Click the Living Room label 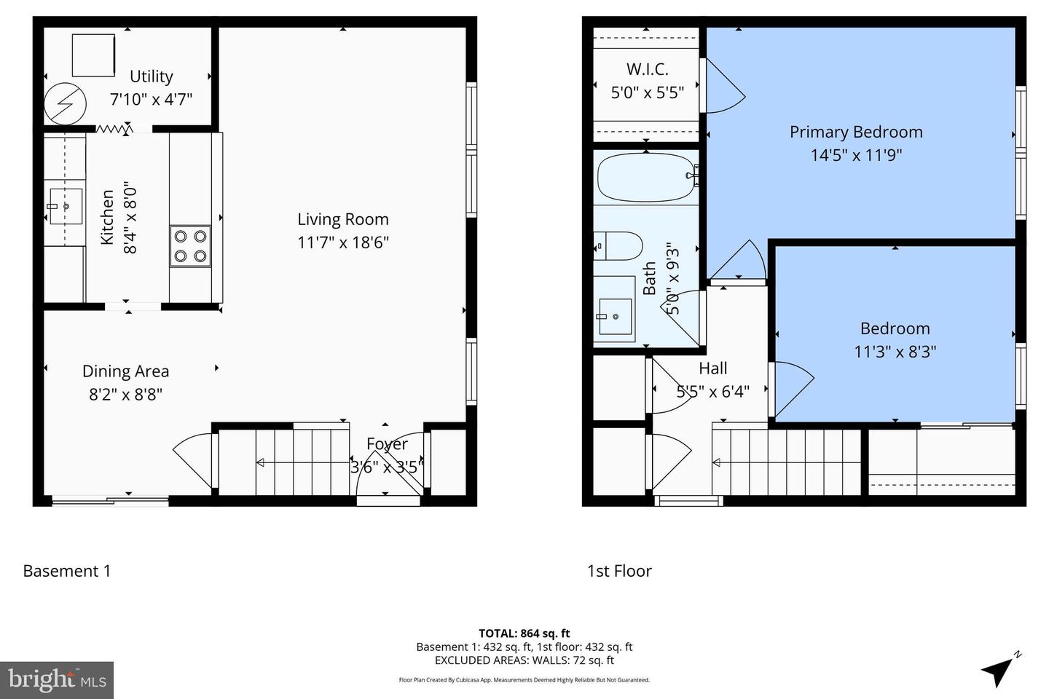tap(342, 219)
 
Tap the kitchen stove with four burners tap(190, 246)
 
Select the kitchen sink tap(65, 207)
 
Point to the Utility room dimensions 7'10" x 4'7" tap(151, 99)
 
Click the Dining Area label tap(125, 371)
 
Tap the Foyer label tap(387, 443)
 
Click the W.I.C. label tap(647, 69)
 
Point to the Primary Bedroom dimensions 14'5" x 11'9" tap(856, 155)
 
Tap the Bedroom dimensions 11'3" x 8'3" tap(895, 352)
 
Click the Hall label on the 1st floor tap(712, 368)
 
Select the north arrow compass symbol tap(999, 668)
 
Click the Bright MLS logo tap(57, 680)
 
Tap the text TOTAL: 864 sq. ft tap(524, 633)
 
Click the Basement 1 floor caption tap(67, 571)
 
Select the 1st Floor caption tap(619, 571)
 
